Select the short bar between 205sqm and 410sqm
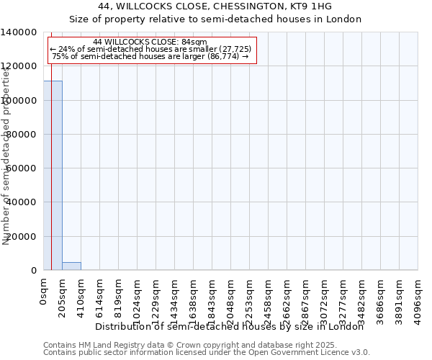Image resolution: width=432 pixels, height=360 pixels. point(71,266)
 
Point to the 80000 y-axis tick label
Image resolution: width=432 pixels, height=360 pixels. point(22,135)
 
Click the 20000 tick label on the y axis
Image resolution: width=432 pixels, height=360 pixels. point(22,237)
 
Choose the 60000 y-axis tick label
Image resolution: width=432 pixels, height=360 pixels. point(22,168)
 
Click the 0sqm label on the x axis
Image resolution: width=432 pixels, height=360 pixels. point(44,293)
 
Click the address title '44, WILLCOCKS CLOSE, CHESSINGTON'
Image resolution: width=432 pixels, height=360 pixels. point(215,7)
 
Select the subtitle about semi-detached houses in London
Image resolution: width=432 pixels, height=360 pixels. point(215,19)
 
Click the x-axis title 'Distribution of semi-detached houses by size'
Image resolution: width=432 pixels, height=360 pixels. point(230,326)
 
